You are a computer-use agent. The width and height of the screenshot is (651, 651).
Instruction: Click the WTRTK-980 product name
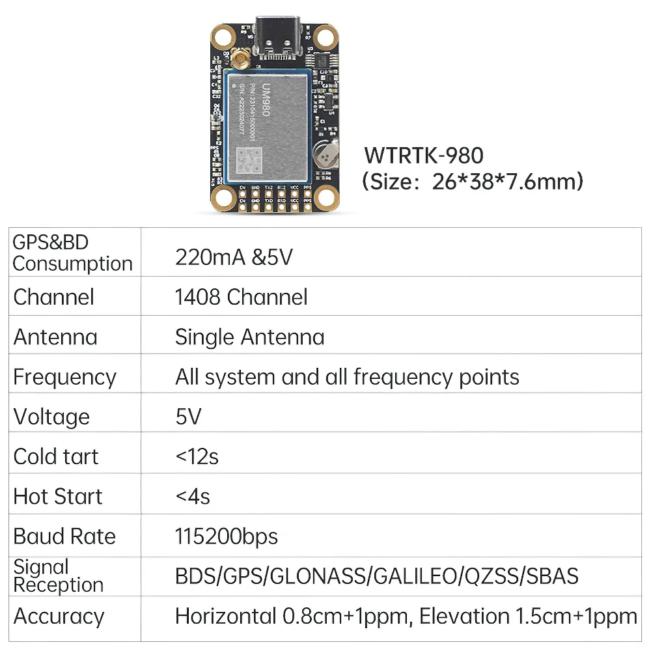click(424, 156)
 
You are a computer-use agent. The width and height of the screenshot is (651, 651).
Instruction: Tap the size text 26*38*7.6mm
click(507, 181)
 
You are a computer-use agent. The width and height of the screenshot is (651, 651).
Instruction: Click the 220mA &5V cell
click(234, 257)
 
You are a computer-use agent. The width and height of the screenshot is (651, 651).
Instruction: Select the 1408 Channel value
click(241, 297)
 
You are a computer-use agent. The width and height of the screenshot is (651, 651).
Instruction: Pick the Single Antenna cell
click(249, 337)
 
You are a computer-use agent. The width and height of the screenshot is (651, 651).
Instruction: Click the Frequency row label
click(64, 377)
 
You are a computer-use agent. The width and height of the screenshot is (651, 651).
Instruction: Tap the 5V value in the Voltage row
click(188, 417)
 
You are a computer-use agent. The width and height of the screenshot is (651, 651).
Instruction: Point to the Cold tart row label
click(56, 456)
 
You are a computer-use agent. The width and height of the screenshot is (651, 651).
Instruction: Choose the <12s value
click(197, 456)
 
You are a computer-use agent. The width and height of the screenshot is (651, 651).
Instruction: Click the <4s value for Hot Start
click(193, 497)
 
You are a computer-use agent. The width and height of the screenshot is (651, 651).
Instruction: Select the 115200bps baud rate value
click(226, 536)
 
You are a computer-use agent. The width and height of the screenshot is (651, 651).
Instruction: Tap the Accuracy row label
click(59, 616)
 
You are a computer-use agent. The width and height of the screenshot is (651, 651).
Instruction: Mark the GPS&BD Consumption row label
click(72, 253)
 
